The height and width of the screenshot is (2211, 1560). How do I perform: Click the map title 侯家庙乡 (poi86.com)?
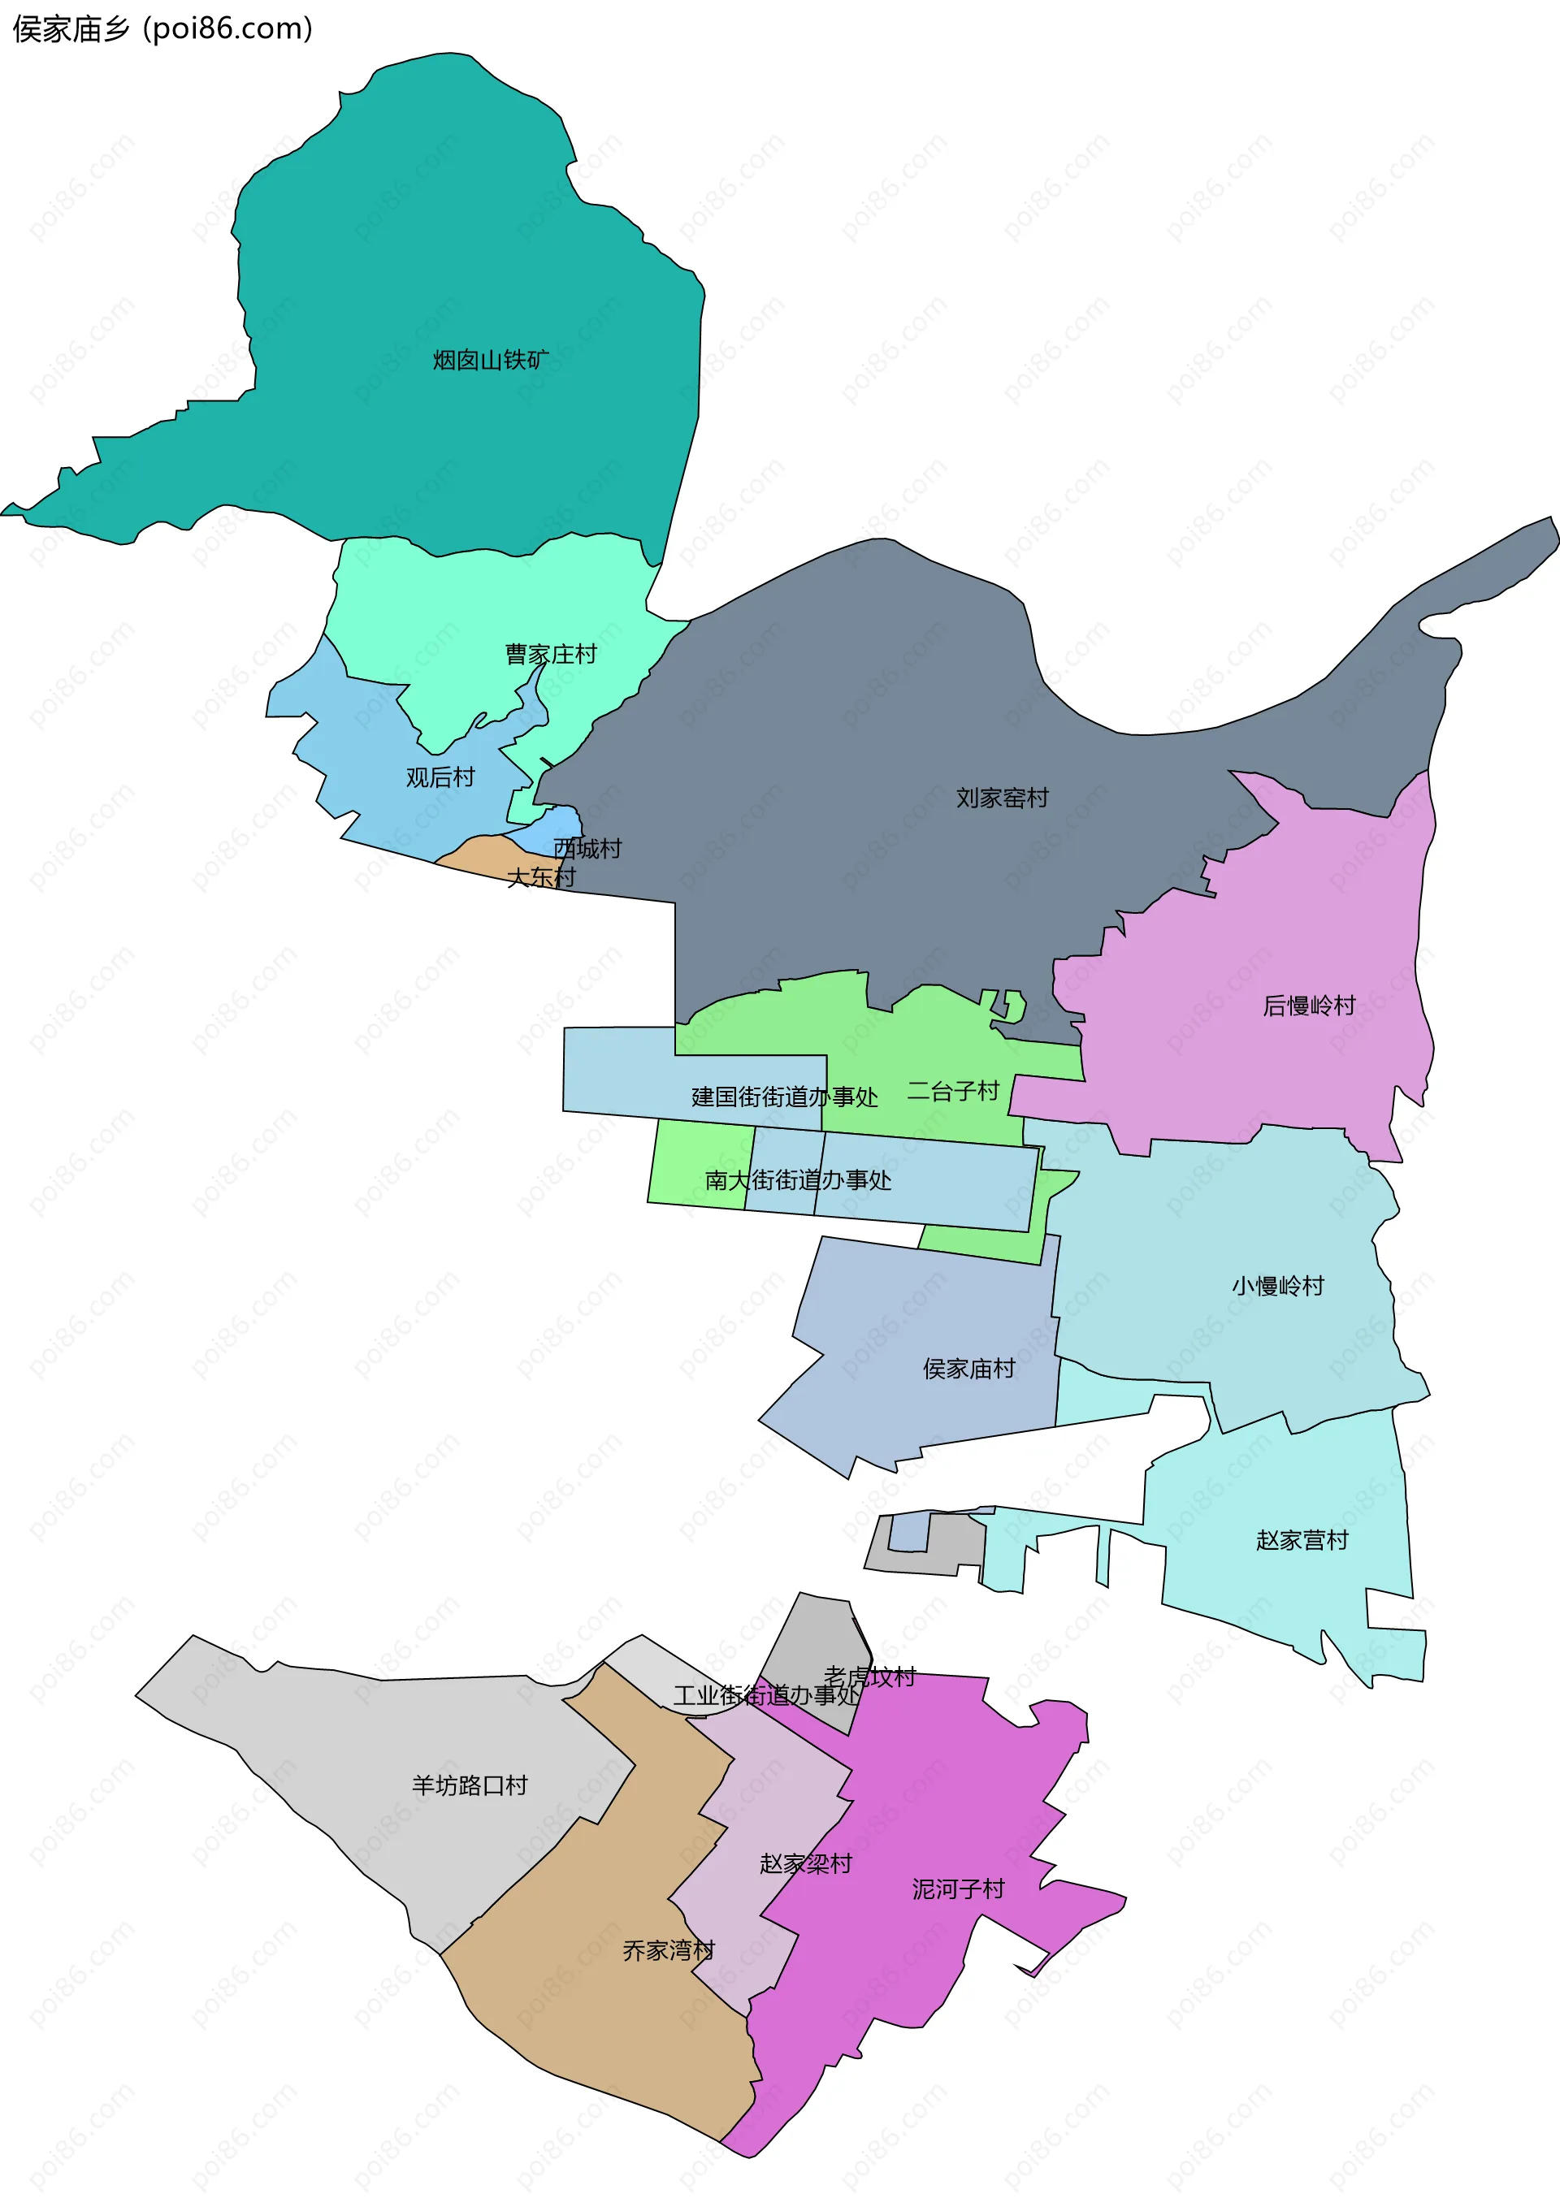pyautogui.click(x=162, y=29)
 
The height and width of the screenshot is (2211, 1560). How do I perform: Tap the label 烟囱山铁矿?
pyautogui.click(x=490, y=360)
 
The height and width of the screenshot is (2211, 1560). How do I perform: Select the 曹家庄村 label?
pyautogui.click(x=551, y=655)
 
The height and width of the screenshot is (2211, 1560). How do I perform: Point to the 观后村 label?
pyautogui.click(x=440, y=777)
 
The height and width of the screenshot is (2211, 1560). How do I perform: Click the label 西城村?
pyautogui.click(x=587, y=848)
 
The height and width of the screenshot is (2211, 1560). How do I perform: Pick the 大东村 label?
pyautogui.click(x=541, y=877)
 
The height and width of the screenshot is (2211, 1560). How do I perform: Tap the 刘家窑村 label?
pyautogui.click(x=1002, y=798)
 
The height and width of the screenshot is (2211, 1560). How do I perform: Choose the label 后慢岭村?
pyautogui.click(x=1309, y=1006)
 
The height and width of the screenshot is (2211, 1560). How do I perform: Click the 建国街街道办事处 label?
pyautogui.click(x=784, y=1097)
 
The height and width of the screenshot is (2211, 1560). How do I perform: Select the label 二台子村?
pyautogui.click(x=953, y=1091)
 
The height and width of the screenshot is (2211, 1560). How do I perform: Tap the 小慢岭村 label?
pyautogui.click(x=1278, y=1286)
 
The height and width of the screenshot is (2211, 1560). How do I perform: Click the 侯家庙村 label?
pyautogui.click(x=968, y=1369)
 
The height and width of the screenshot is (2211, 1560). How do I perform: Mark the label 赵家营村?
pyautogui.click(x=1302, y=1540)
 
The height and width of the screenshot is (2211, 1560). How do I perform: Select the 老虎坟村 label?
pyautogui.click(x=869, y=1677)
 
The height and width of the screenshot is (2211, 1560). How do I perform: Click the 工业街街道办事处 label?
pyautogui.click(x=765, y=1695)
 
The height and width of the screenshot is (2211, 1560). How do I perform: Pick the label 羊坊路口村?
pyautogui.click(x=470, y=1785)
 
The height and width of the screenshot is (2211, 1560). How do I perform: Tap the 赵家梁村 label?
pyautogui.click(x=806, y=1863)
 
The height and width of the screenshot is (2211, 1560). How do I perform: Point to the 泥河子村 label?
pyautogui.click(x=958, y=1889)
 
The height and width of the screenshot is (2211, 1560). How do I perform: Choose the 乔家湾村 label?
pyautogui.click(x=669, y=1950)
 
